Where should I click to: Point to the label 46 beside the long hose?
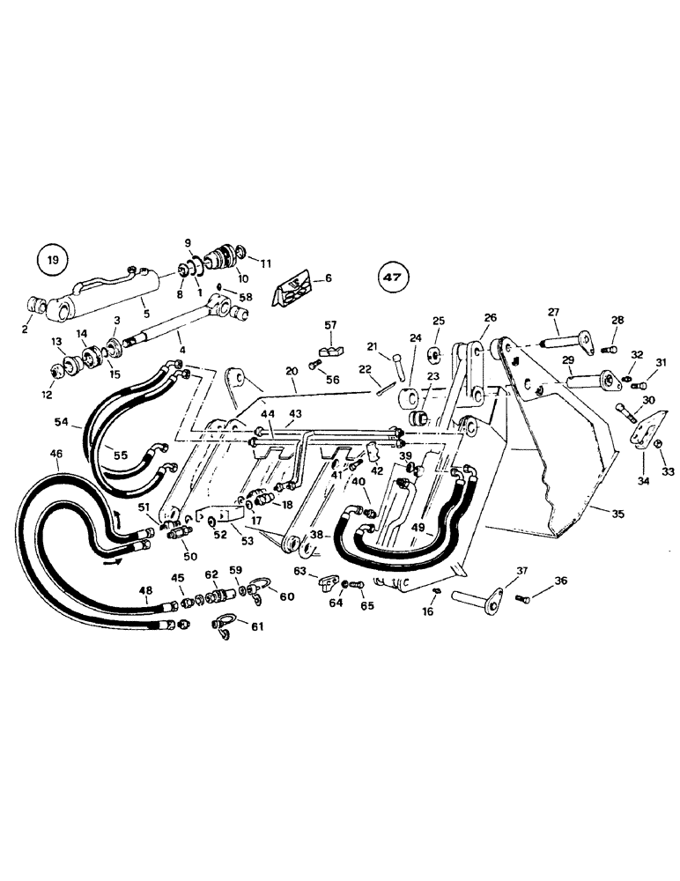[x=55, y=454]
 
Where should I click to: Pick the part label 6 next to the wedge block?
[x=329, y=278]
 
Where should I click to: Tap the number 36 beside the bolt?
[x=560, y=581]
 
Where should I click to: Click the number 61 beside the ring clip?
[x=255, y=626]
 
